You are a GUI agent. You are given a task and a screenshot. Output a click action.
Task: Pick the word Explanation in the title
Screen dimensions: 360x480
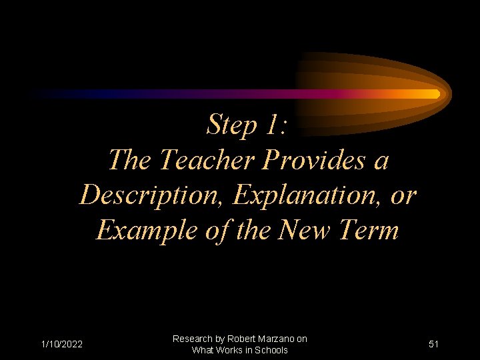click(x=299, y=195)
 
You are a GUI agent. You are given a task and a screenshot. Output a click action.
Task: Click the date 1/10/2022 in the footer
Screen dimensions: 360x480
click(x=61, y=344)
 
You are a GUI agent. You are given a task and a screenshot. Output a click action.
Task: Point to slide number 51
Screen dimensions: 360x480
click(x=433, y=344)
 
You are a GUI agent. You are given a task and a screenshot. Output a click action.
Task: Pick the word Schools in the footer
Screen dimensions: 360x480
click(x=271, y=350)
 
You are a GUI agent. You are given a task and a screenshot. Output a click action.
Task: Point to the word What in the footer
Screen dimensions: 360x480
click(x=202, y=350)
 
